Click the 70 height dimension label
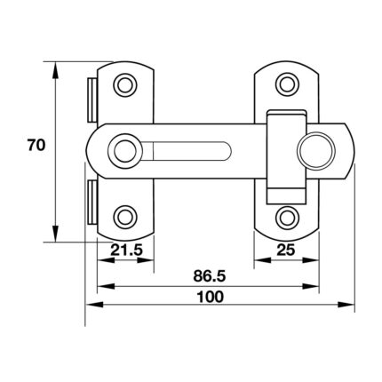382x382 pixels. [x=36, y=145]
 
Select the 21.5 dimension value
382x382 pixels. [x=127, y=251]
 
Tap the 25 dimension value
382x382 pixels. [x=286, y=251]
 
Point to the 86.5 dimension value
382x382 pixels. [x=210, y=276]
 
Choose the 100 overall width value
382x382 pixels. [x=211, y=297]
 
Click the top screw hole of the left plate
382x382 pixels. [x=125, y=85]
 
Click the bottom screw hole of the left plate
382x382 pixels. [x=125, y=217]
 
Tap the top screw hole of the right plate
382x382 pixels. [x=287, y=84]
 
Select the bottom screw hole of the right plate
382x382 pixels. [x=287, y=218]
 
